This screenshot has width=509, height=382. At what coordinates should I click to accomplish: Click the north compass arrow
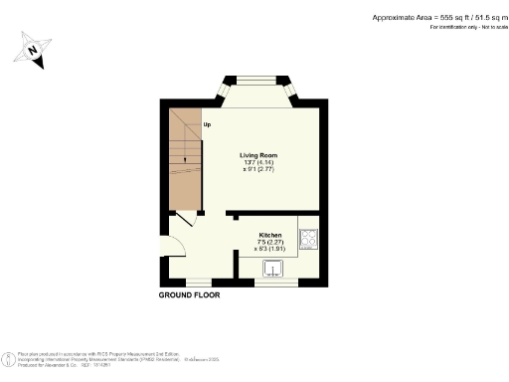(x=34, y=51)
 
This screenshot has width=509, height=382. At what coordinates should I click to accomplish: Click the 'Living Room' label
(x=257, y=155)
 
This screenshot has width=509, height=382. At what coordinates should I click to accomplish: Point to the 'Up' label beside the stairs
(x=207, y=125)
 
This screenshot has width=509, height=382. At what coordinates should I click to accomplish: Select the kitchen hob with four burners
(x=308, y=239)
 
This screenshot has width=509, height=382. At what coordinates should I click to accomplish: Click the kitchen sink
(x=273, y=267)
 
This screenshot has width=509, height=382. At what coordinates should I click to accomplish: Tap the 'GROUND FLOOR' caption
(x=189, y=295)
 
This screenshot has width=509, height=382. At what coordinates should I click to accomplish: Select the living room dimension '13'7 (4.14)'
(x=257, y=163)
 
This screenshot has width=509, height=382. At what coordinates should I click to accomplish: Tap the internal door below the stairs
(x=186, y=221)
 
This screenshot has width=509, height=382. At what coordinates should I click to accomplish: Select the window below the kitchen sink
(x=274, y=283)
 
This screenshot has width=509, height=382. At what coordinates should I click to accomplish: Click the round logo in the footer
(x=8, y=356)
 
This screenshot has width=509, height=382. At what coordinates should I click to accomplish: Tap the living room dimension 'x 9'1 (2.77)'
(x=257, y=170)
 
